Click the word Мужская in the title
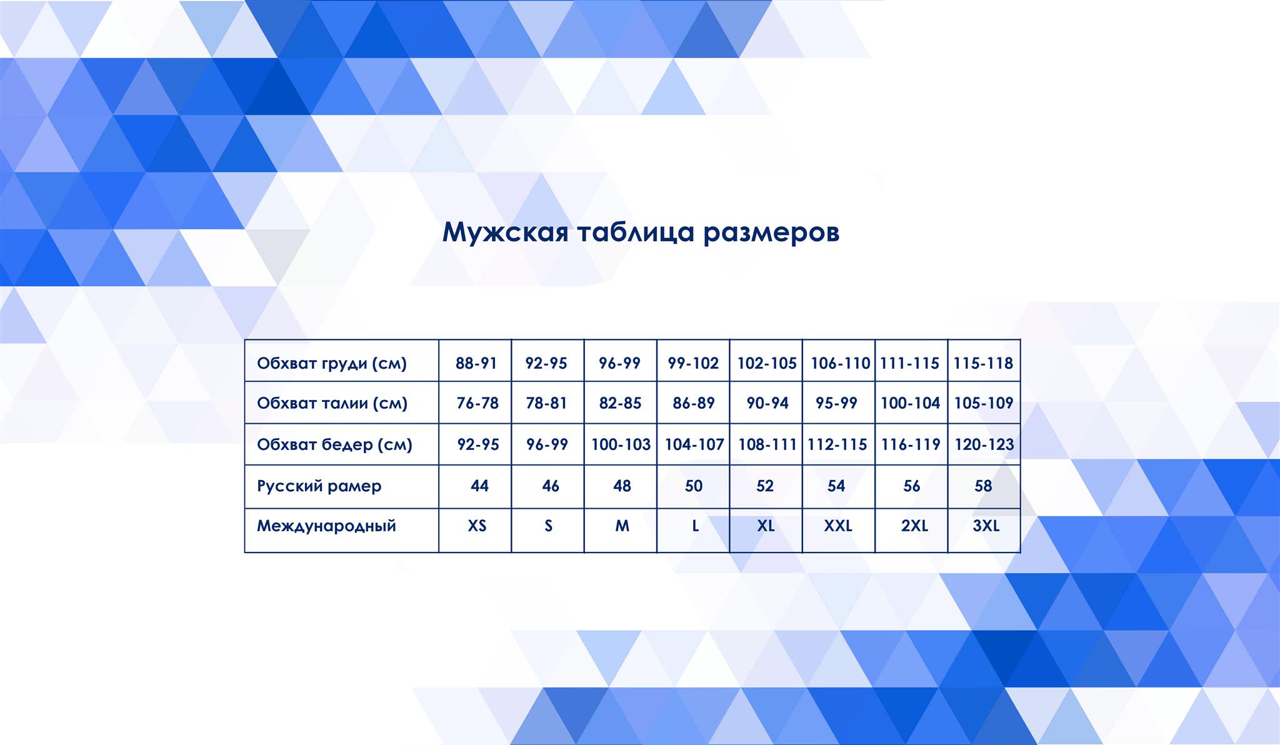[505, 232]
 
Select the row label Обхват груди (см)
[332, 363]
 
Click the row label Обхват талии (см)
[332, 403]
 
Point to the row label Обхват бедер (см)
[334, 444]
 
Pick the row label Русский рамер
[319, 486]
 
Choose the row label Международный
[326, 526]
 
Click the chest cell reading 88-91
[476, 363]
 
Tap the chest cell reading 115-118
[983, 363]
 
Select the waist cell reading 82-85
[620, 403]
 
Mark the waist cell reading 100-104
[911, 403]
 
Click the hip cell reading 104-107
[694, 444]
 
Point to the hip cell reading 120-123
[984, 444]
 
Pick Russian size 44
[479, 486]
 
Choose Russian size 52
[765, 486]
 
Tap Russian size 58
[983, 486]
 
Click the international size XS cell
[477, 526]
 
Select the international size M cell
[622, 526]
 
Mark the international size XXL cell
[838, 526]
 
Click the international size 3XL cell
[986, 526]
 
